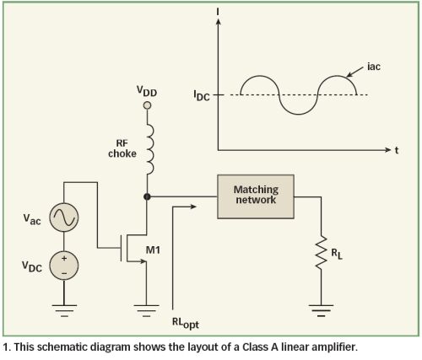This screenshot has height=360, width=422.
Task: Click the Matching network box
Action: point(256,196)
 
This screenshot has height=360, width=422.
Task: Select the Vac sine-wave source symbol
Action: point(64,218)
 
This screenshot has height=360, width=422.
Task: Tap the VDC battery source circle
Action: point(64,266)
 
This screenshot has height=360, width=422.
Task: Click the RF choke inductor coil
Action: point(150,149)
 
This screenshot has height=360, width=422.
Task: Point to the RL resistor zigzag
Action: point(321,252)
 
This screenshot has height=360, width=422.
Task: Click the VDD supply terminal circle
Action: point(147,105)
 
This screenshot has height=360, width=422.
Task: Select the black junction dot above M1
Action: point(147,196)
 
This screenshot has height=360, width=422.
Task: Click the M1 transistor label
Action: point(153,250)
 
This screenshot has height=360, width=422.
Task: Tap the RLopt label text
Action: point(186,323)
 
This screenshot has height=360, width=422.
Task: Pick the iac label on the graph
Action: point(374,67)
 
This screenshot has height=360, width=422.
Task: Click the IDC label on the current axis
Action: point(202,95)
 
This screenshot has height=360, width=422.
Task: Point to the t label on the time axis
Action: point(397,150)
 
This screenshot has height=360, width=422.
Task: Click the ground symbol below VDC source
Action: point(64,310)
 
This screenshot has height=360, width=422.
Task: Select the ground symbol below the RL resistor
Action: point(321,310)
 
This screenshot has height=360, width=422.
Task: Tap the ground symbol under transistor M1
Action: point(146,310)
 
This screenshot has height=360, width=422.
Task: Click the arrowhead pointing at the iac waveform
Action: point(349,74)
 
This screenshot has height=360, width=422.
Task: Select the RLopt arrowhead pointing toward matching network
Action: point(193,207)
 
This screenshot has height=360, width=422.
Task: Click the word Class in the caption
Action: point(256,347)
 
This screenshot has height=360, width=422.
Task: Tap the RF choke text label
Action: point(122,148)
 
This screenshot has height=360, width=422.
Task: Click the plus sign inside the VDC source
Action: point(64,258)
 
